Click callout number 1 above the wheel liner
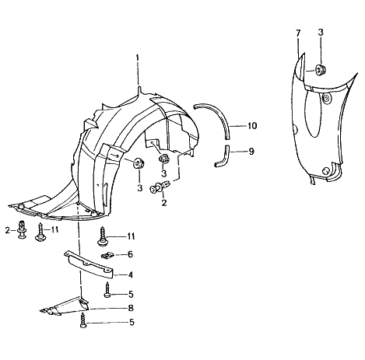click(x=138, y=58)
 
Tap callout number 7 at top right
click(x=298, y=33)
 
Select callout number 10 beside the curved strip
click(x=252, y=126)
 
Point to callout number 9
click(x=251, y=152)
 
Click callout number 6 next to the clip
click(x=130, y=254)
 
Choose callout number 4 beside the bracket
click(x=130, y=274)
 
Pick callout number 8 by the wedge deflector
click(x=131, y=308)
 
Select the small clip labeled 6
click(x=107, y=256)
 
